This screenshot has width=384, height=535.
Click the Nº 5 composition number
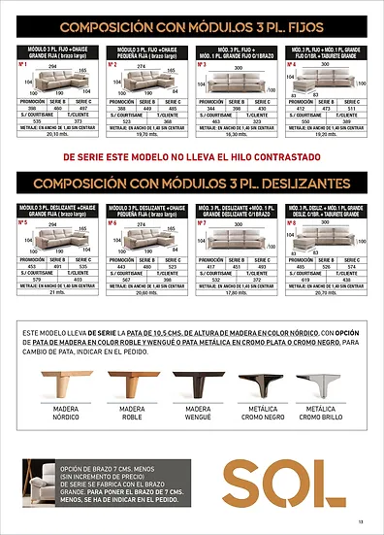click(x=22, y=222)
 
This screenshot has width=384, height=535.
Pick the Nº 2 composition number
click(x=112, y=65)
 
